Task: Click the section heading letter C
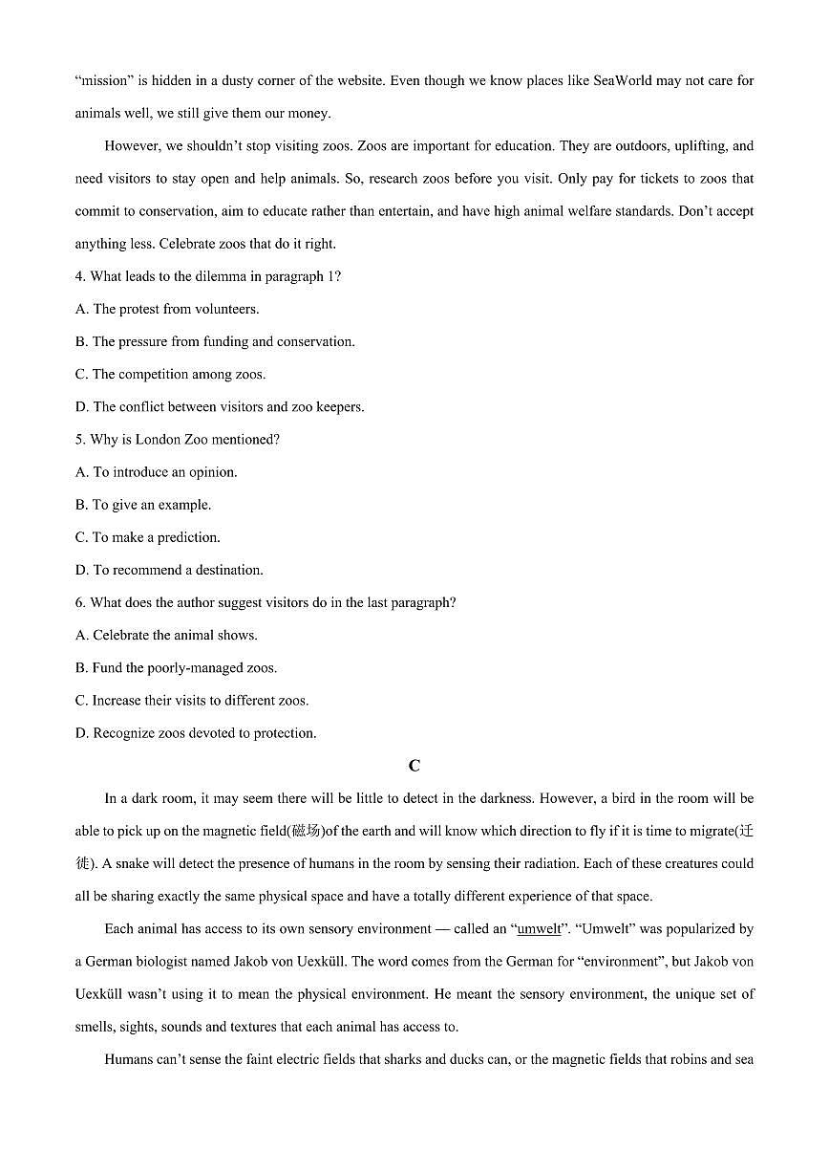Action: click(414, 766)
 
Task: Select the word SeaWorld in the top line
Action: click(623, 80)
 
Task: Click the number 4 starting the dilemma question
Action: click(79, 276)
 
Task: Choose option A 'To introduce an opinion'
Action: click(156, 472)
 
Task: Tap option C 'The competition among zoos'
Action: click(170, 374)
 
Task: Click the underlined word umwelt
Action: click(539, 929)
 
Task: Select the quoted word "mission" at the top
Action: click(108, 80)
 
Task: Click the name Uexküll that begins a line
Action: click(101, 994)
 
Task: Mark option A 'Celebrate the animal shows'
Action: click(165, 635)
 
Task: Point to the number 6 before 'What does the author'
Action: click(79, 602)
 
